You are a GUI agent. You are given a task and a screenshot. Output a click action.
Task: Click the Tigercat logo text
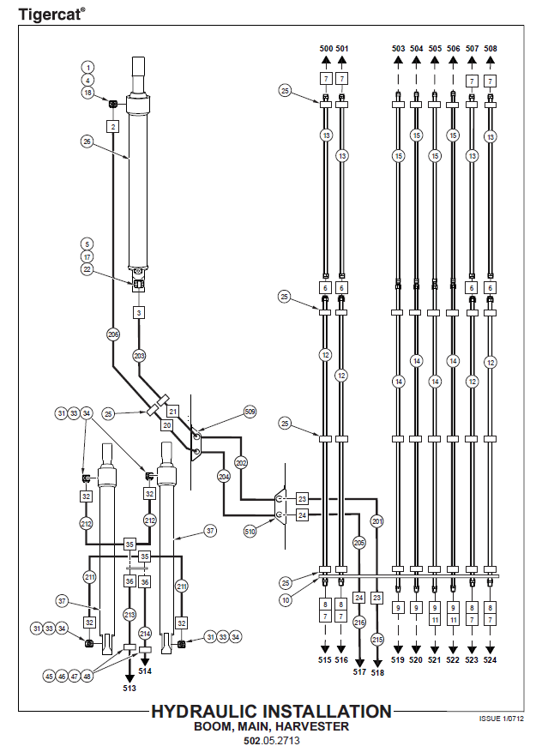pyautogui.click(x=51, y=14)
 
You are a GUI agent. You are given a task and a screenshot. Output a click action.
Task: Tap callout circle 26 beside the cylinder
pyautogui.click(x=87, y=141)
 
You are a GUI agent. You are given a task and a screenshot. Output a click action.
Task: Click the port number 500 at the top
pyautogui.click(x=326, y=49)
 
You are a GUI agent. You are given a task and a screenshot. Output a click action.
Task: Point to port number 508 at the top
pyautogui.click(x=490, y=49)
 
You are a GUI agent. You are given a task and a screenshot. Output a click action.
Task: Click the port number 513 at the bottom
pyautogui.click(x=129, y=687)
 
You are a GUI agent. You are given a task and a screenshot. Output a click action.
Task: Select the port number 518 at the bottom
pyautogui.click(x=377, y=673)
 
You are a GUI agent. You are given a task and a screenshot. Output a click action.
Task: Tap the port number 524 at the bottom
pyautogui.click(x=490, y=660)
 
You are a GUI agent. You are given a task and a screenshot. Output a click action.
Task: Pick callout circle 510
pyautogui.click(x=250, y=532)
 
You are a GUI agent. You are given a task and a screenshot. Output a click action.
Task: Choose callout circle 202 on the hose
pyautogui.click(x=241, y=462)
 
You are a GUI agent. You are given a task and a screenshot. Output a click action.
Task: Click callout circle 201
pyautogui.click(x=377, y=521)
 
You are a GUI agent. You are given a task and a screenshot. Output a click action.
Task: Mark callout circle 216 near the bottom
pyautogui.click(x=359, y=623)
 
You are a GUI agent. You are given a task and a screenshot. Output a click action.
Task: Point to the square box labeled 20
pyautogui.click(x=168, y=425)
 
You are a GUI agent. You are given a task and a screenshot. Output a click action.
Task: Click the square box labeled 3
pyautogui.click(x=139, y=313)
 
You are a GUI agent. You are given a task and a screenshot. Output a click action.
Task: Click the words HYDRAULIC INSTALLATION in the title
pyautogui.click(x=271, y=712)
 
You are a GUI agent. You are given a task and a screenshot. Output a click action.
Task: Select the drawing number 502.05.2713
pyautogui.click(x=271, y=739)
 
